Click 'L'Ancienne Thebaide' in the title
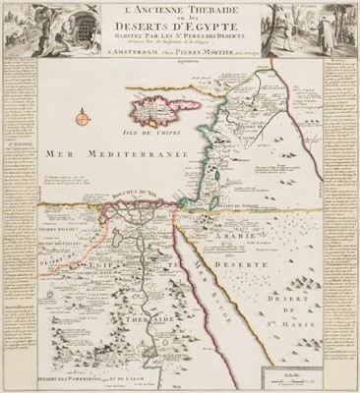tap(179, 13)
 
